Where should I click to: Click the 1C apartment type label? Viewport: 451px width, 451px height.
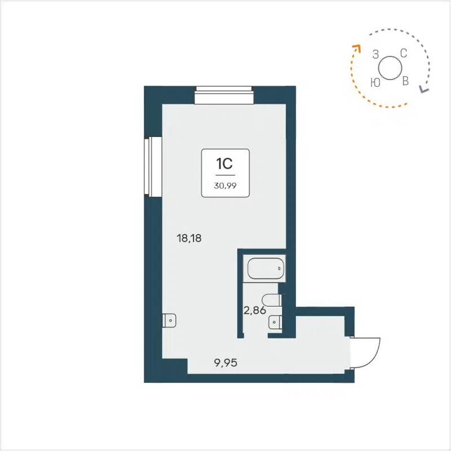pyautogui.click(x=224, y=163)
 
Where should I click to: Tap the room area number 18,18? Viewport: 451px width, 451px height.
pyautogui.click(x=189, y=238)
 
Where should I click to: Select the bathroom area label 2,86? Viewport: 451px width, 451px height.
pyautogui.click(x=254, y=310)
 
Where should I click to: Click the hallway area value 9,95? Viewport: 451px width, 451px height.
pyautogui.click(x=225, y=362)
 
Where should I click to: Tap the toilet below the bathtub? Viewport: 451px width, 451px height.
pyautogui.click(x=273, y=299)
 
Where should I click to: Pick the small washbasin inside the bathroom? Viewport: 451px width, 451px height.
pyautogui.click(x=276, y=321)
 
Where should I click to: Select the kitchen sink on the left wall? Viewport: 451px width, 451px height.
pyautogui.click(x=169, y=320)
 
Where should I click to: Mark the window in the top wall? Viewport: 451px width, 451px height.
pyautogui.click(x=223, y=95)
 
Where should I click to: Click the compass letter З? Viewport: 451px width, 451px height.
pyautogui.click(x=375, y=55)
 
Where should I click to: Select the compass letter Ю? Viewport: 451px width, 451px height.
pyautogui.click(x=374, y=82)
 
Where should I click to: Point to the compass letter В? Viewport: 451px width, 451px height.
pyautogui.click(x=405, y=82)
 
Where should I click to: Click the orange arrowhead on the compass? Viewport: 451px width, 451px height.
pyautogui.click(x=356, y=48)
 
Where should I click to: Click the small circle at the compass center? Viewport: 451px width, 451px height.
pyautogui.click(x=389, y=69)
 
